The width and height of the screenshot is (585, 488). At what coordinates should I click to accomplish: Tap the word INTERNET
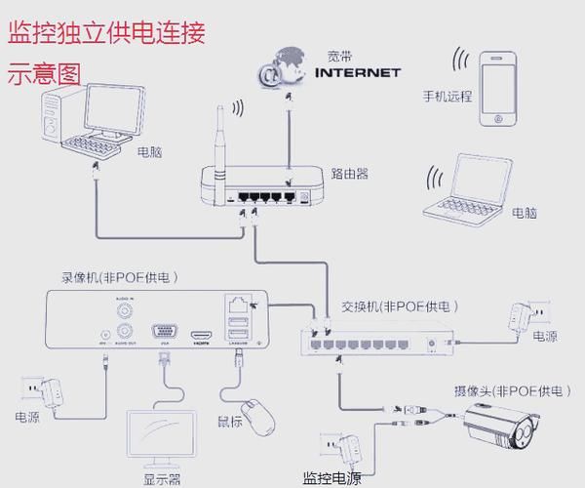(358, 72)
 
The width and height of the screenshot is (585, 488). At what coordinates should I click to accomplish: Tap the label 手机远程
(447, 98)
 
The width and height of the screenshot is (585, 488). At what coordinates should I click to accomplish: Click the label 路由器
(349, 174)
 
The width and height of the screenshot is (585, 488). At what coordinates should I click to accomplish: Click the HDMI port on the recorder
(202, 333)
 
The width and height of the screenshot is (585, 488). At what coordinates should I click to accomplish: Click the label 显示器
(162, 479)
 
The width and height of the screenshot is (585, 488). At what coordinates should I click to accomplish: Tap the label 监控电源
(331, 478)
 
